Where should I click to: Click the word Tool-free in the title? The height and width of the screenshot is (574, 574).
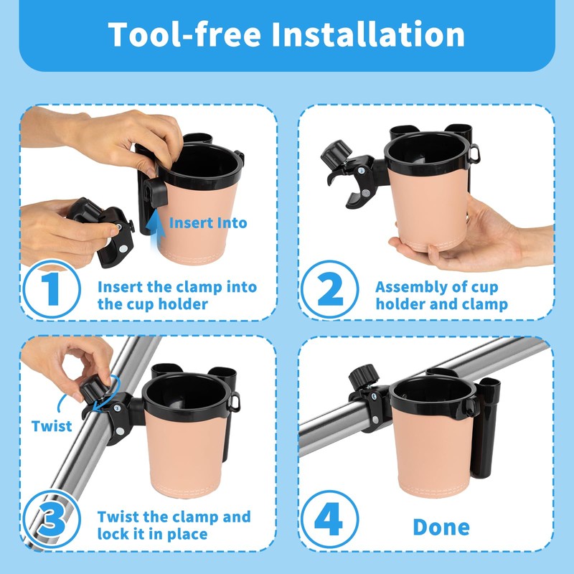click(184, 34)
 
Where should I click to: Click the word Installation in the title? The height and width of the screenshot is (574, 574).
click(368, 34)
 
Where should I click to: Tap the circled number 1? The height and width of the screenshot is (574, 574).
click(52, 289)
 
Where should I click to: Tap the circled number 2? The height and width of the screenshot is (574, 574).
click(329, 289)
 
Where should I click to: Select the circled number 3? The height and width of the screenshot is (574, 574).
click(52, 519)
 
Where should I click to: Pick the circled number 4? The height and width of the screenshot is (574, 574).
click(329, 519)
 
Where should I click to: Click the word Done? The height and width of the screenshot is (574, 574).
click(441, 527)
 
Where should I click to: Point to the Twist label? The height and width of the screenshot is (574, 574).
click(52, 426)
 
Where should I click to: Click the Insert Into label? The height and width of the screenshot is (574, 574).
click(208, 223)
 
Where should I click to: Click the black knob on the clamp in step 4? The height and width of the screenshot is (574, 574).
click(363, 377)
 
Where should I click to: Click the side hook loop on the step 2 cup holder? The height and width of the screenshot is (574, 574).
click(474, 154)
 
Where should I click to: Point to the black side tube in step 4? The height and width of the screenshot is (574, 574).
click(485, 428)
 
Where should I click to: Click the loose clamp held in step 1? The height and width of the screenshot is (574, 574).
click(101, 229)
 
